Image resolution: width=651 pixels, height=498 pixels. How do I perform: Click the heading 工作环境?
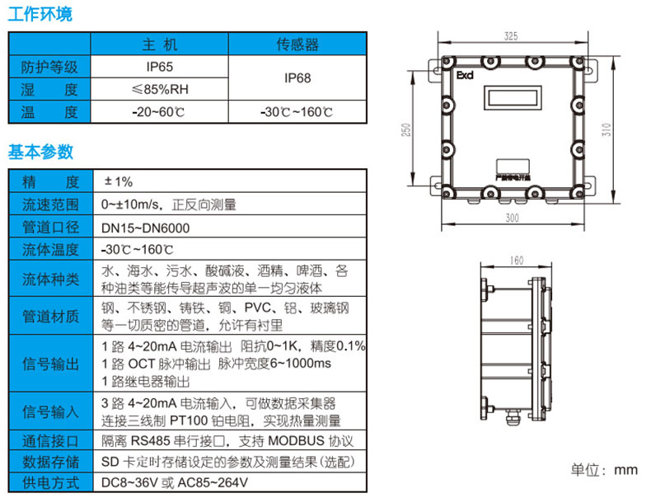point(40,14)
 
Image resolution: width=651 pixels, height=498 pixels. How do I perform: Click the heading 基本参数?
point(40,152)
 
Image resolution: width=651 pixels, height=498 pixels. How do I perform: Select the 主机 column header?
point(159,45)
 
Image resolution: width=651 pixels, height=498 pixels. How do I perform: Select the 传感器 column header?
point(297,45)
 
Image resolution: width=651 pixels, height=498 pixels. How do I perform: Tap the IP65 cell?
point(159,67)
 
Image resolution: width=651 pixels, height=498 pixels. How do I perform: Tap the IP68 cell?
point(297,78)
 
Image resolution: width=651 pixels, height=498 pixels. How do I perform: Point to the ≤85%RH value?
point(159,89)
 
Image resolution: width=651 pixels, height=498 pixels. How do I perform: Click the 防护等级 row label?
point(49,67)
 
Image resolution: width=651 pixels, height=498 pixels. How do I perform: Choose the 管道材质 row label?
point(49,316)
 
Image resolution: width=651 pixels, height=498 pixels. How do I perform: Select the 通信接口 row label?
point(49,441)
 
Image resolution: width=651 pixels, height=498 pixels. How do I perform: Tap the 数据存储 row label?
point(49,462)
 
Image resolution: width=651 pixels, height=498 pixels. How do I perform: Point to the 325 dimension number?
point(510,36)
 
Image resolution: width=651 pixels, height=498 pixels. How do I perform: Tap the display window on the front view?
point(511,96)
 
